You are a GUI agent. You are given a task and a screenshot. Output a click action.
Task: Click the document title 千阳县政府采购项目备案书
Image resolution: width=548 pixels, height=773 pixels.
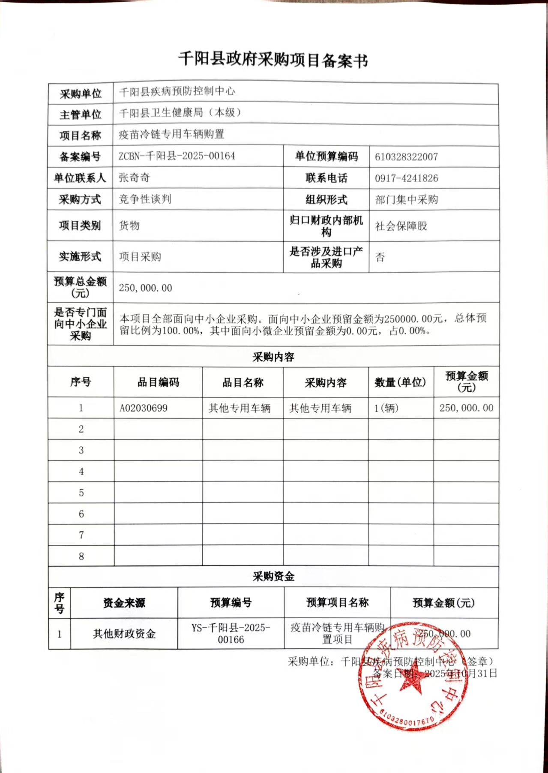[x=273, y=60]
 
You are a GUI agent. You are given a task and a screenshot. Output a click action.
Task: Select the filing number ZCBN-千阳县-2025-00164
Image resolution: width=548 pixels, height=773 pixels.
[x=177, y=156]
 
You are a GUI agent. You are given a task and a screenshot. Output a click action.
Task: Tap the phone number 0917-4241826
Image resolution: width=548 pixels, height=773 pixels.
[x=406, y=178]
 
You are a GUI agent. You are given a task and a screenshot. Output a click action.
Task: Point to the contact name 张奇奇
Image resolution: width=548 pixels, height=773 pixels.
[x=134, y=178]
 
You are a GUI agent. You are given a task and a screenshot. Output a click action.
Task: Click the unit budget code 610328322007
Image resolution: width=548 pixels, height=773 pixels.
[x=406, y=157]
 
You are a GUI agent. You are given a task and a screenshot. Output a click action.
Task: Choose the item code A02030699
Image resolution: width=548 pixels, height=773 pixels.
[x=144, y=408]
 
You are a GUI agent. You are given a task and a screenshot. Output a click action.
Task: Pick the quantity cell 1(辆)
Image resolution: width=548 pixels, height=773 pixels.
[x=386, y=408]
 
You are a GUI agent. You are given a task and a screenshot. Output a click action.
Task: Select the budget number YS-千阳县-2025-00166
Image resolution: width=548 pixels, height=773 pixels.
[x=231, y=634]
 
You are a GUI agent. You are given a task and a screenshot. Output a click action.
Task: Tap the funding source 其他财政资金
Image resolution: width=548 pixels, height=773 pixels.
[x=124, y=634]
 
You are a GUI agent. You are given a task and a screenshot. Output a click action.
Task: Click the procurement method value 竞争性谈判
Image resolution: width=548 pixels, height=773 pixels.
[x=145, y=199]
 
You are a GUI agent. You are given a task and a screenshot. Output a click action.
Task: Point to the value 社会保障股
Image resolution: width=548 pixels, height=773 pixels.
[x=401, y=226]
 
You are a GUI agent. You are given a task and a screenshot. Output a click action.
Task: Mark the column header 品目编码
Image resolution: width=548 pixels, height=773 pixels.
[x=158, y=382]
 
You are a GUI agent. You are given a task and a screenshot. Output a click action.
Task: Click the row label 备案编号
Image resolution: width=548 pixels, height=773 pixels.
[x=80, y=157]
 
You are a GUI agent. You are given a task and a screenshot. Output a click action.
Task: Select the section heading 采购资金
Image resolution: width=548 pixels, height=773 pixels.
[x=273, y=577]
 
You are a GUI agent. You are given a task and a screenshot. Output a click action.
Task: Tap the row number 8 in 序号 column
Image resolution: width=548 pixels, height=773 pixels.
[x=81, y=556]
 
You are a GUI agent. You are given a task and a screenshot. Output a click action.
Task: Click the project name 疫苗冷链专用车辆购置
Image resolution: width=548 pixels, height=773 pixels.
[x=171, y=135]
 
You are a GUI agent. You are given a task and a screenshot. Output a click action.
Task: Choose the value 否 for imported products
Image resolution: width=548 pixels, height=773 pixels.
[x=380, y=257]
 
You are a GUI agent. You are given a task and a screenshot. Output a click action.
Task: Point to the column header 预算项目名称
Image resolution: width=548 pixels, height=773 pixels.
[x=337, y=603]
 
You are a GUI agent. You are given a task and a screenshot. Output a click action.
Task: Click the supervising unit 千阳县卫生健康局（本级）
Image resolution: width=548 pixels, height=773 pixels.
[x=180, y=113]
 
